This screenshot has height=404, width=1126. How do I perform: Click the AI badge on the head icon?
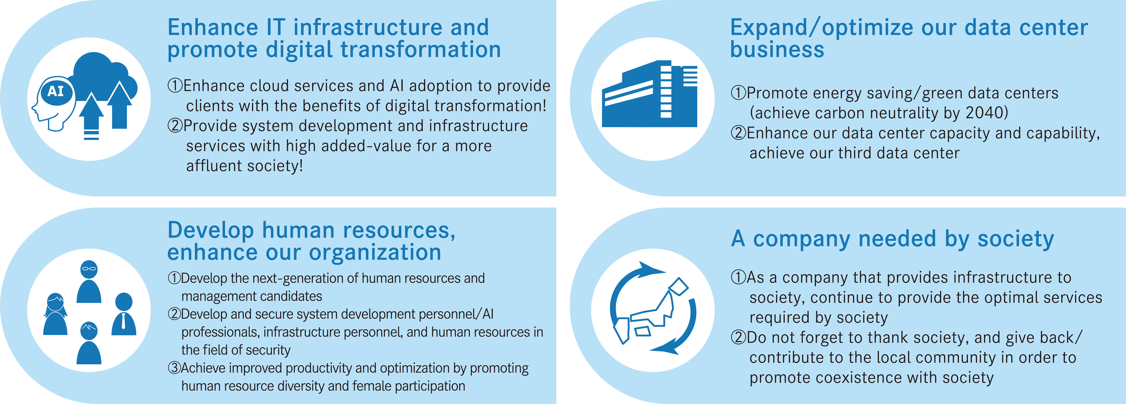pos(55,91)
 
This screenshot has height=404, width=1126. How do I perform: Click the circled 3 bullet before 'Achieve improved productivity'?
pos(174,368)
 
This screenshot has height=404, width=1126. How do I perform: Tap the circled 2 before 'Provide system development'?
pos(175,126)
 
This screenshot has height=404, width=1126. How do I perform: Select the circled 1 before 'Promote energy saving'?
pos(738,93)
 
